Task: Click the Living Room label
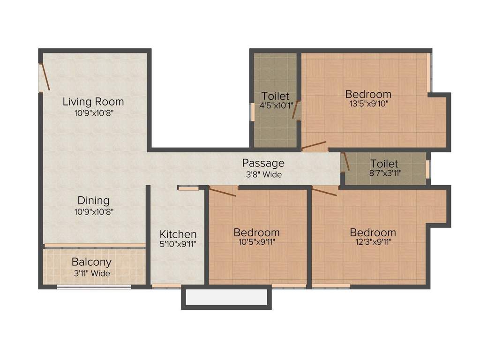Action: (93, 101)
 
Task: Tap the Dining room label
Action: (93, 201)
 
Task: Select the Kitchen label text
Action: (178, 234)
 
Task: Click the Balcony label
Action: (91, 262)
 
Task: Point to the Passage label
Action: (263, 163)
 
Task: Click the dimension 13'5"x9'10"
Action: (368, 104)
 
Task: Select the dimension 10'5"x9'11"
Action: (256, 242)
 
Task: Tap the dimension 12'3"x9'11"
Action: (373, 242)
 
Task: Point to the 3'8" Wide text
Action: (263, 175)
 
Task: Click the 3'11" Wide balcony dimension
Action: (91, 273)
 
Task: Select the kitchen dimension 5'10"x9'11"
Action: (178, 244)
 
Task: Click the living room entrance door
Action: (45, 77)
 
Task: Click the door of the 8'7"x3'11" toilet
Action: (345, 161)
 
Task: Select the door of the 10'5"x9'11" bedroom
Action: (223, 192)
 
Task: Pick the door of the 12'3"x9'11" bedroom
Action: (324, 191)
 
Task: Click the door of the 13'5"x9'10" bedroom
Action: (314, 145)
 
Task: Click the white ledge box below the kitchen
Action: (226, 297)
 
